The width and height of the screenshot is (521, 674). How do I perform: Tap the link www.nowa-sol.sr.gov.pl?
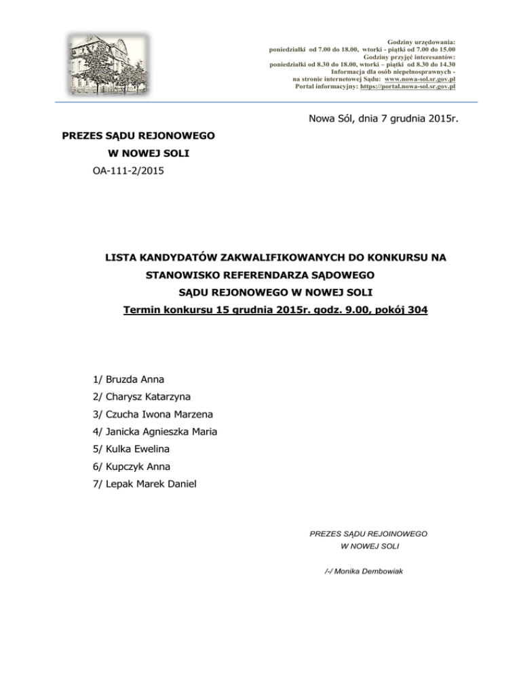[x=419, y=79]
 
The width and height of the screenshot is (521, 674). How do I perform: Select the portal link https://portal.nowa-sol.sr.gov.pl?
[x=407, y=86]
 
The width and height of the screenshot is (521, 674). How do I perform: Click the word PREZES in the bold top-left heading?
[x=82, y=136]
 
